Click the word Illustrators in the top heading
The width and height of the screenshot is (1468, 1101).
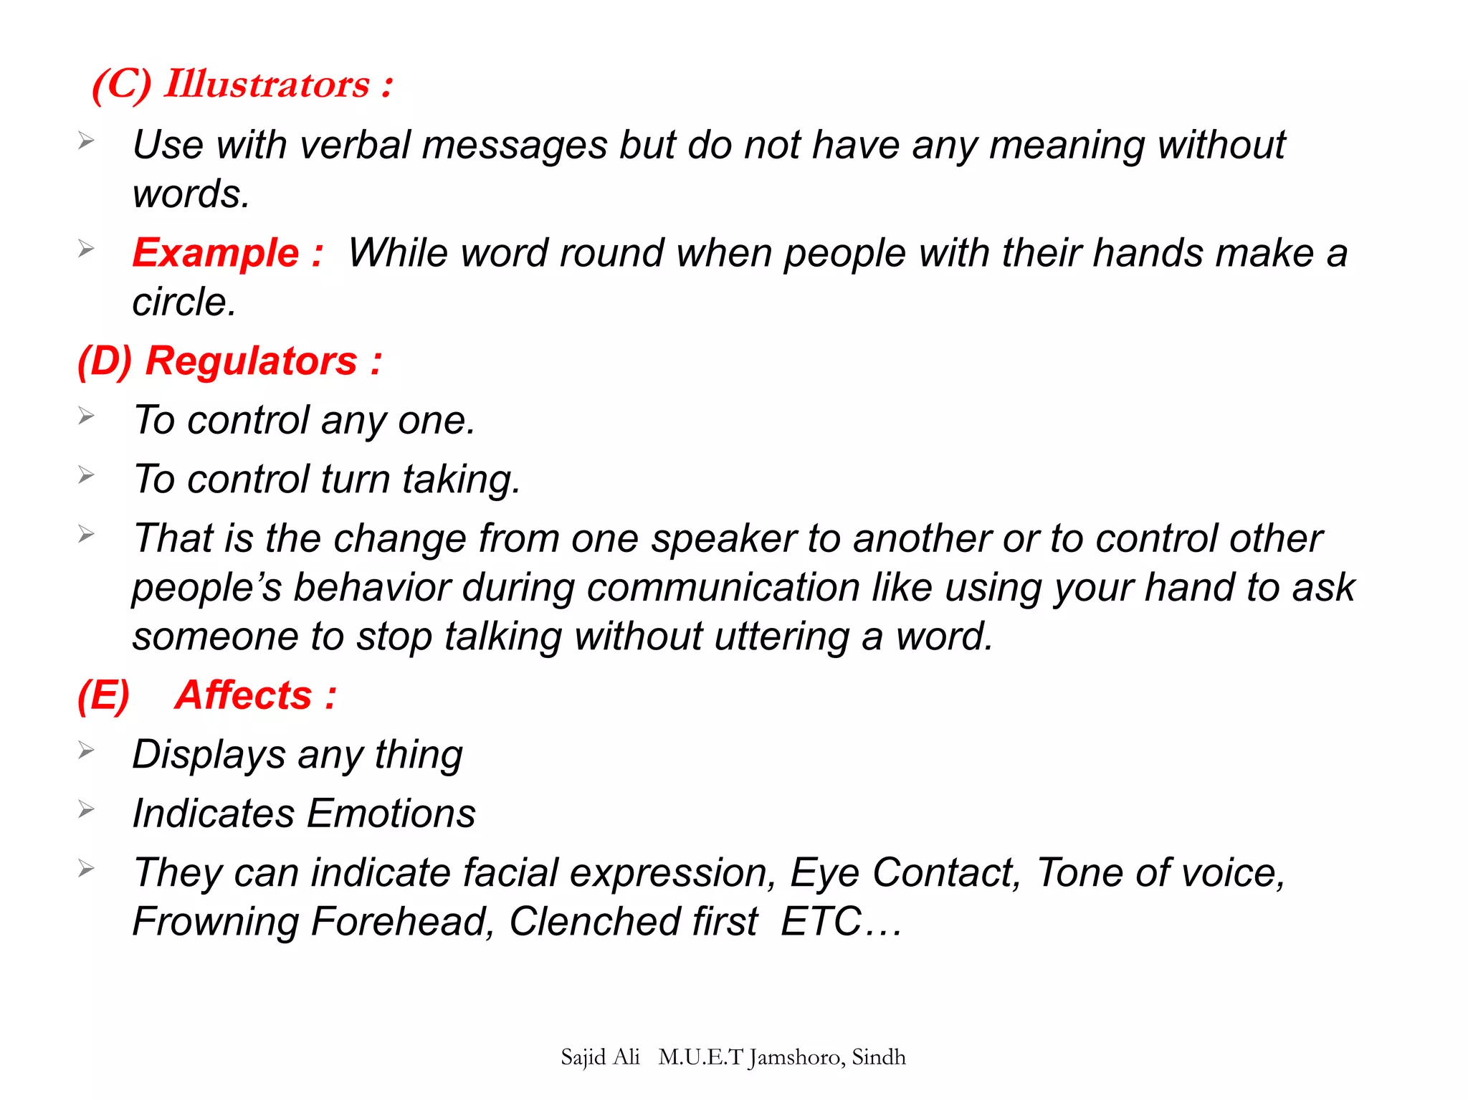(267, 85)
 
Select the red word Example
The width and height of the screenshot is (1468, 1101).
(215, 253)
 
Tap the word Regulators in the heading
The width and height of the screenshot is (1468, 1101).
(251, 361)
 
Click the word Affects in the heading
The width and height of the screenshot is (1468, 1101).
(244, 695)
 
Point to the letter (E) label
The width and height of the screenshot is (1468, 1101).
(104, 695)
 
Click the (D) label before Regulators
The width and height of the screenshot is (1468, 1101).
(105, 361)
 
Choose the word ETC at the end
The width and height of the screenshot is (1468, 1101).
(821, 922)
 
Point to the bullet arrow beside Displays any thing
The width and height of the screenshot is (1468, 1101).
(86, 750)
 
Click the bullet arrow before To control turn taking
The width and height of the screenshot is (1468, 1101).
(86, 475)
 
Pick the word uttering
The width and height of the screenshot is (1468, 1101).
(782, 637)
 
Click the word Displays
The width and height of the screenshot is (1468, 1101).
(209, 755)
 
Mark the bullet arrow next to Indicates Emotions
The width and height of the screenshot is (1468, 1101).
(86, 809)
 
